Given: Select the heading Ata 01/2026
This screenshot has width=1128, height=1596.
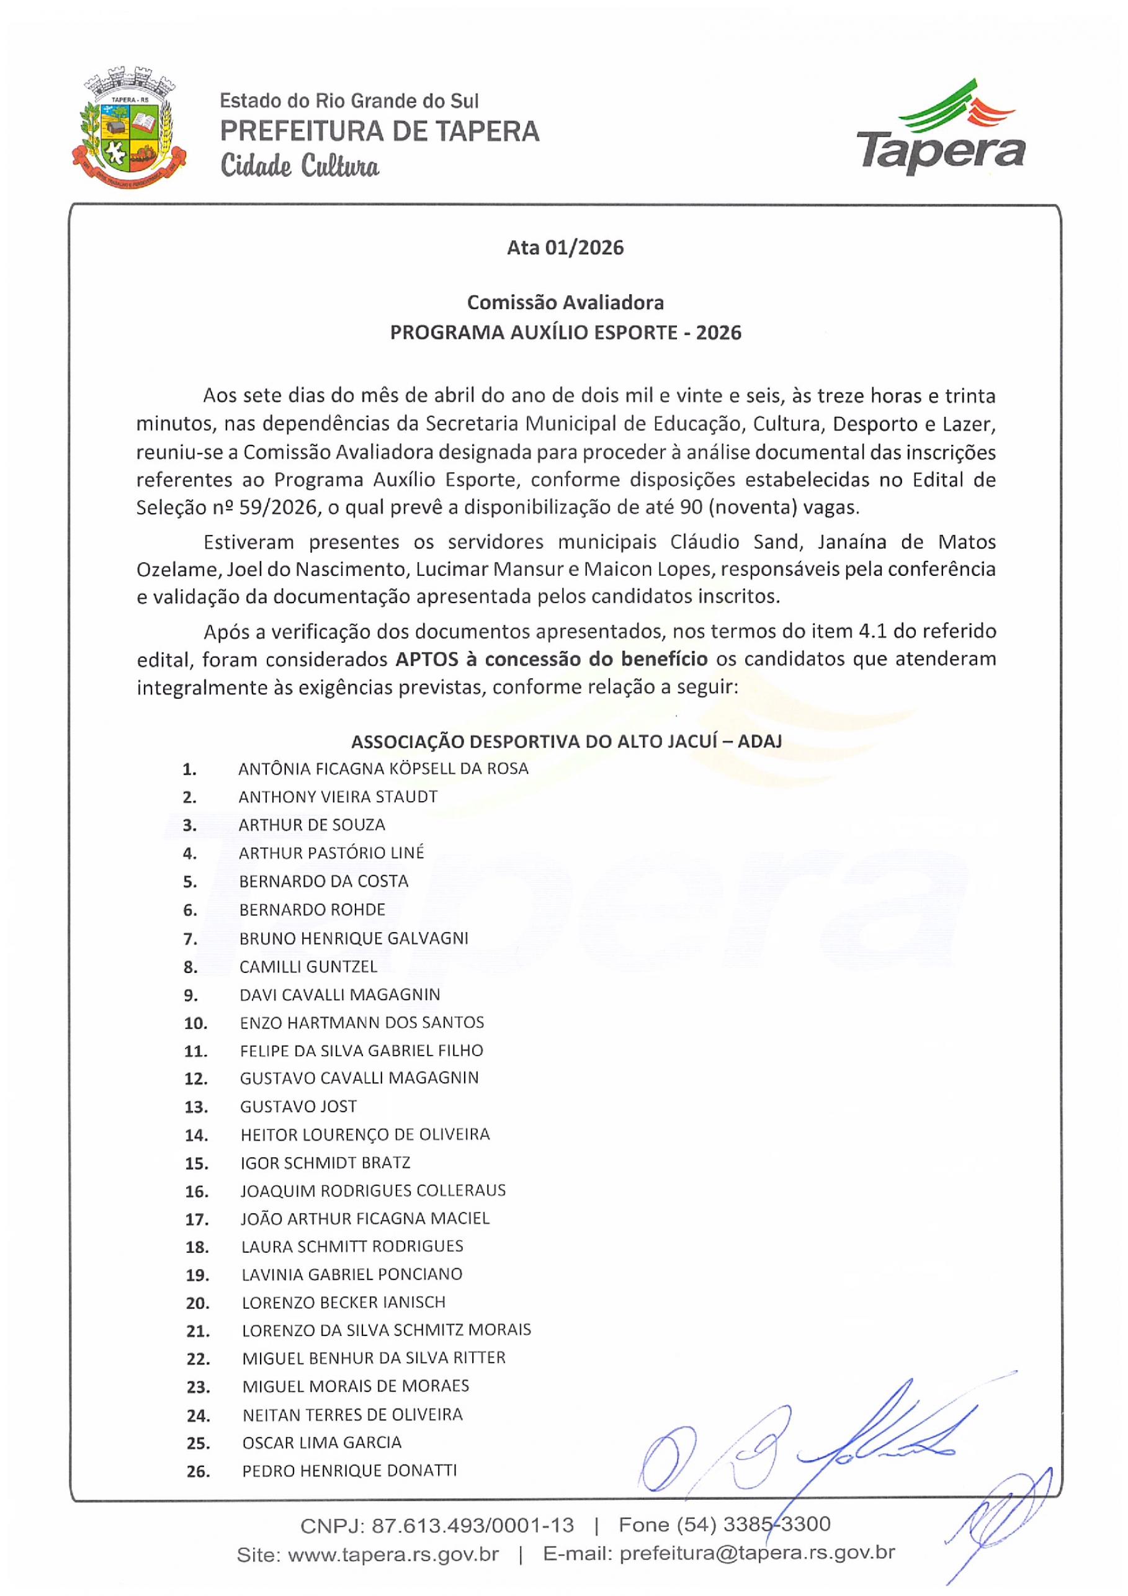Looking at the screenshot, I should coord(565,248).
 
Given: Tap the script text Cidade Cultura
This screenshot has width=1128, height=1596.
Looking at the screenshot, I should coord(300,167).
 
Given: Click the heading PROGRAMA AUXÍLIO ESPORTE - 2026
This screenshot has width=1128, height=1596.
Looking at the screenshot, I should coord(565,332).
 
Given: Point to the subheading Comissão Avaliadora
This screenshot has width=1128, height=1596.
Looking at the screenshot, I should coord(565,302).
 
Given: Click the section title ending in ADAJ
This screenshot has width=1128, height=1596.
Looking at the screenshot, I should coord(566,741).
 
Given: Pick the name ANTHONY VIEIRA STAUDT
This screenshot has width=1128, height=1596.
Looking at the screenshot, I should coord(338,797).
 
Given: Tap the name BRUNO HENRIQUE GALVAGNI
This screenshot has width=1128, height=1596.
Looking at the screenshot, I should coord(353,938).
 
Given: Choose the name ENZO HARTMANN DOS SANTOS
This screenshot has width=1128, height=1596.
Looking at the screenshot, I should coord(361,1022).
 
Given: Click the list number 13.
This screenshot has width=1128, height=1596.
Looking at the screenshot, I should coord(196,1106).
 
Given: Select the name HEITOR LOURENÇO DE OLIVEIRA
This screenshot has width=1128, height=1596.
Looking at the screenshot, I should coord(365,1134).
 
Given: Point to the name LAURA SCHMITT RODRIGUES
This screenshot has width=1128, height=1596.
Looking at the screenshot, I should coord(352,1247).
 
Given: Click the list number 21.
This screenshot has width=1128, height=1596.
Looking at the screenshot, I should coord(197,1331).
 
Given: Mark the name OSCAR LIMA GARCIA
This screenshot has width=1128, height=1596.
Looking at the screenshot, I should coord(322,1442).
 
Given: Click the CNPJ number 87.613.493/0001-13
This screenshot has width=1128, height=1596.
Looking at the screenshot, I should coord(473,1525).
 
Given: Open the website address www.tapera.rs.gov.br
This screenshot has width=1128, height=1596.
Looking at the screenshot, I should coord(393,1554).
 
